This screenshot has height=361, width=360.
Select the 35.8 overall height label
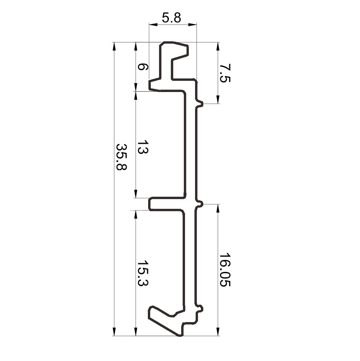[x=121, y=157]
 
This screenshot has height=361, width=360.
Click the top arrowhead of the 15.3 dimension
[x=135, y=214]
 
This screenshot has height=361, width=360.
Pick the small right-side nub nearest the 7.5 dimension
[x=201, y=104]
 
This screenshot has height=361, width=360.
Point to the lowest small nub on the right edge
[x=201, y=309]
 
